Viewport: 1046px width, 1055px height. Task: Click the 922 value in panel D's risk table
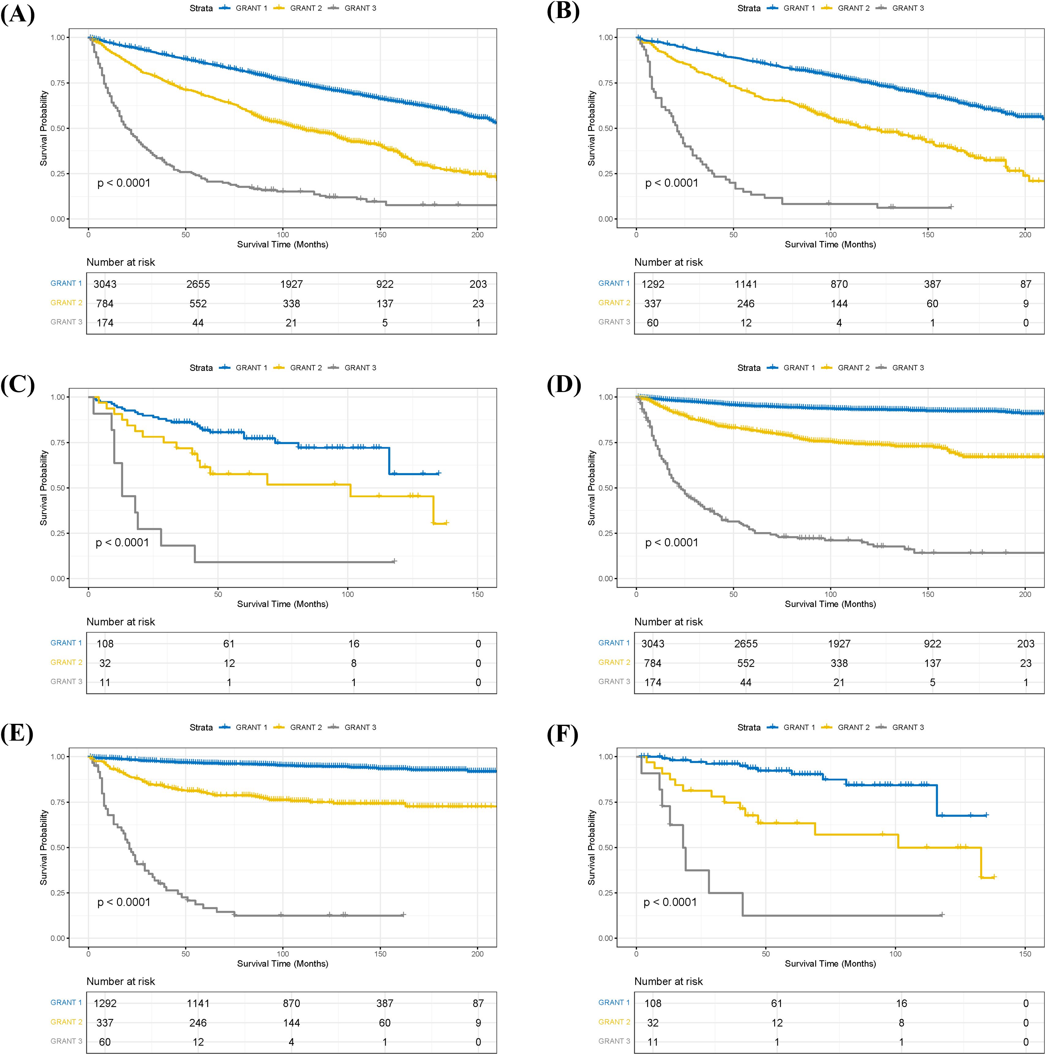932,643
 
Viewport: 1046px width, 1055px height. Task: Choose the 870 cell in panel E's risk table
291,1003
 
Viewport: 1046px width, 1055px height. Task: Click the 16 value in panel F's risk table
901,1003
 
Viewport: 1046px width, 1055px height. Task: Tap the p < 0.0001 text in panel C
122,542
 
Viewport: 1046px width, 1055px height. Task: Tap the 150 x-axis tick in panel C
478,594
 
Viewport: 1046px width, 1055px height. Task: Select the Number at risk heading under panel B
668,262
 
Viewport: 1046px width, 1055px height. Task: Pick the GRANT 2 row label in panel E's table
66,1022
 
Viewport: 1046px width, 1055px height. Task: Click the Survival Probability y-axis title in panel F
591,847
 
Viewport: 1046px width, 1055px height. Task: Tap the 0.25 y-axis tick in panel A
60,174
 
